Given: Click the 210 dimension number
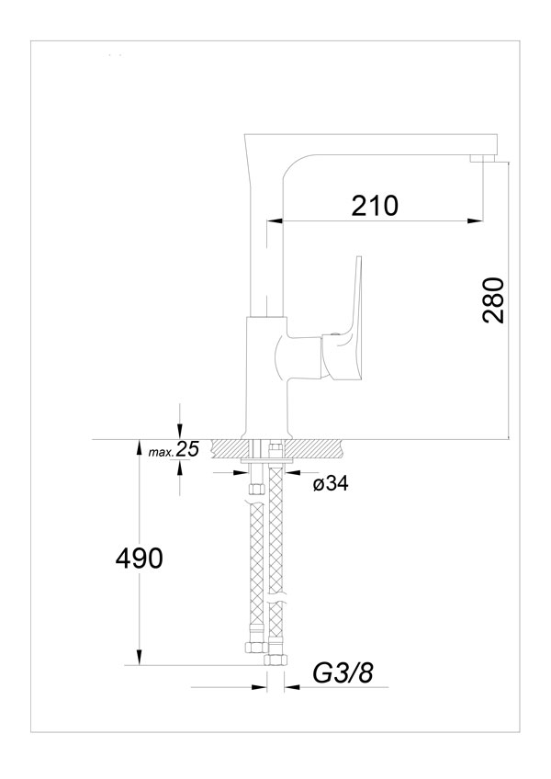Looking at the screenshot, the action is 375,205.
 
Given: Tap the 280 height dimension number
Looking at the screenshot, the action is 494,300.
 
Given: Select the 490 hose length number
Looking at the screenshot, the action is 139,558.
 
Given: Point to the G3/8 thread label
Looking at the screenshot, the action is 343,673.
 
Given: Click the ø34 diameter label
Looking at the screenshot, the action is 331,483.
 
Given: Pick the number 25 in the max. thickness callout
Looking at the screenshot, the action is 187,449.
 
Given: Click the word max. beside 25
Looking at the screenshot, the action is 161,452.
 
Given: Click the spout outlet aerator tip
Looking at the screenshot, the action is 482,159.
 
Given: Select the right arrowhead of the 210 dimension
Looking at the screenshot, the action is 475,220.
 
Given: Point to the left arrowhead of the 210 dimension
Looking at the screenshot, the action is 275,220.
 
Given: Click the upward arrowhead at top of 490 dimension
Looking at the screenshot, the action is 140,447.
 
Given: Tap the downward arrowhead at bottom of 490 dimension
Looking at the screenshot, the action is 140,658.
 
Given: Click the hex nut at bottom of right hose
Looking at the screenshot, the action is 275,660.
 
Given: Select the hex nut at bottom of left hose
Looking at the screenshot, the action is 256,647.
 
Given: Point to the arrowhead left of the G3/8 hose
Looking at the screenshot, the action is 259,687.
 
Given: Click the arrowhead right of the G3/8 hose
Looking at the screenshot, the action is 293,687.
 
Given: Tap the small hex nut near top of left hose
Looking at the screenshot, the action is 256,489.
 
